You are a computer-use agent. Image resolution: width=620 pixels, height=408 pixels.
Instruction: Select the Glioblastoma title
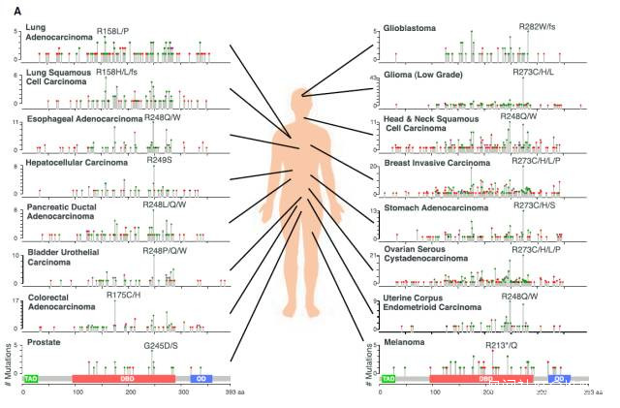(x=410, y=28)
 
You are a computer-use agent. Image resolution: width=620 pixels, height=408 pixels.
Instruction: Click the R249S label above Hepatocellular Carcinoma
(x=159, y=160)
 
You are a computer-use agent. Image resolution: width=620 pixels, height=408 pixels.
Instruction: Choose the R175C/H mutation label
(x=123, y=294)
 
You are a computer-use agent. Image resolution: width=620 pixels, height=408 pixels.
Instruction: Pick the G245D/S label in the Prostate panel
(x=161, y=345)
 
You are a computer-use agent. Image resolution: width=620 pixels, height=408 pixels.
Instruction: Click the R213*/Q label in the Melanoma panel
(x=507, y=344)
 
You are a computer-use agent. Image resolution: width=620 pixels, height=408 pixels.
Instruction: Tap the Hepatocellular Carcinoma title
(x=73, y=164)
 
